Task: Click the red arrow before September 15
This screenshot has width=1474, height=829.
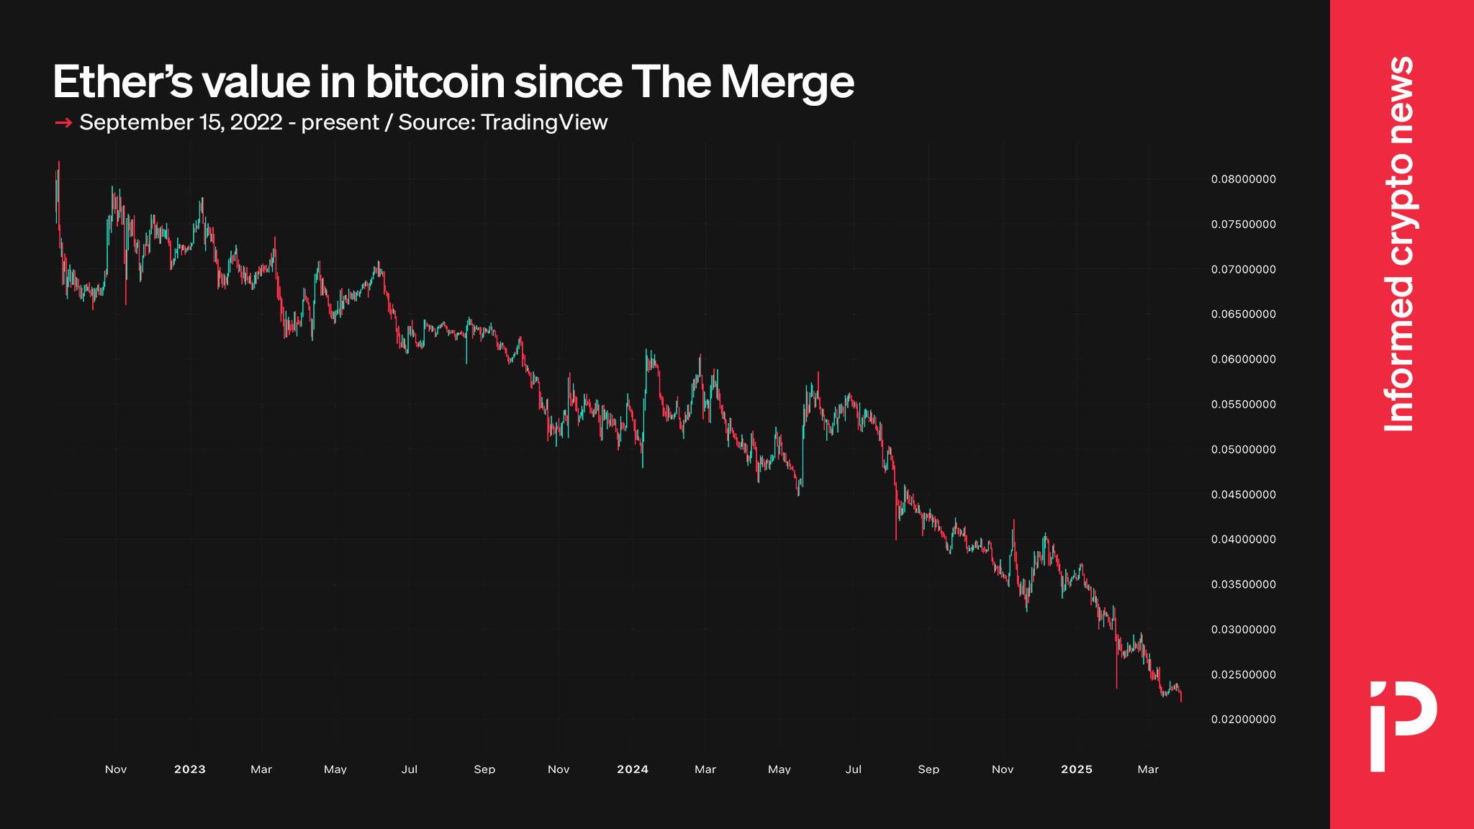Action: pos(63,123)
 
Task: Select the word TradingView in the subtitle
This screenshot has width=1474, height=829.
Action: pos(544,122)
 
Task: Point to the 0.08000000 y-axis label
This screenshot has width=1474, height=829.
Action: pos(1243,179)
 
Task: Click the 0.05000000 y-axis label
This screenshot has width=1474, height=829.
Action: pos(1243,450)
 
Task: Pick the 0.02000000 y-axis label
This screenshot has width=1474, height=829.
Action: pos(1243,720)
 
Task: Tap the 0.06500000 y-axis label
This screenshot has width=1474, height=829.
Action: pos(1243,314)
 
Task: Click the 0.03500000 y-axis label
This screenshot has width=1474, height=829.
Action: pos(1243,584)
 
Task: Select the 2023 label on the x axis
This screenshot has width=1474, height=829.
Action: pos(190,769)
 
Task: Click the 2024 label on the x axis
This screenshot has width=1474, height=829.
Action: pos(633,769)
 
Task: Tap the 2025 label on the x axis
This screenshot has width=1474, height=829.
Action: pos(1077,769)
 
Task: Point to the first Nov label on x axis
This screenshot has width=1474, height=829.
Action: pos(116,769)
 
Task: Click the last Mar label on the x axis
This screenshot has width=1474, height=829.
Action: pos(1148,769)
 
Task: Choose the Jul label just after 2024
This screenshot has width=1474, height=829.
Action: pos(854,769)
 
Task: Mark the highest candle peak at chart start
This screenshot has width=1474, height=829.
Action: pos(58,163)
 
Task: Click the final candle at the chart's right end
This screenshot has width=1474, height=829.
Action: pos(1181,696)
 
